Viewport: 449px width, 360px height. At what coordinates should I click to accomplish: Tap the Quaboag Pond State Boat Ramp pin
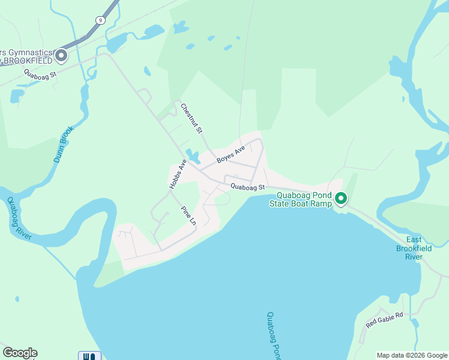tap(341, 198)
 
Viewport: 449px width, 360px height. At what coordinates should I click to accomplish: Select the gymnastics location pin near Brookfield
tap(61, 56)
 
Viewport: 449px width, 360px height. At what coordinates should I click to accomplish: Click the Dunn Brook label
tap(62, 145)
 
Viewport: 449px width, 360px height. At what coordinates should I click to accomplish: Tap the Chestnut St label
tap(192, 117)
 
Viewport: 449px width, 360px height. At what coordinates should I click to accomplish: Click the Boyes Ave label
tap(231, 154)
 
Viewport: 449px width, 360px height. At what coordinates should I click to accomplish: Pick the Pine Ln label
tap(188, 216)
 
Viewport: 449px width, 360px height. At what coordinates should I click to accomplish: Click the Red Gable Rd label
tap(384, 319)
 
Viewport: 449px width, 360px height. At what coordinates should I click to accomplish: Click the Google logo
tap(20, 353)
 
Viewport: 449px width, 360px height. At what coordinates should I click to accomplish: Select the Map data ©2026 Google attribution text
tap(412, 355)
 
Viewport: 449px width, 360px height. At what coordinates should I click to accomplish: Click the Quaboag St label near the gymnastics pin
tap(40, 74)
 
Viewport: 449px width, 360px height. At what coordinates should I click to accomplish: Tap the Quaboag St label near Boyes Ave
tap(247, 187)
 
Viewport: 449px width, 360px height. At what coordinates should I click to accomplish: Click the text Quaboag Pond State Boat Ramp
tap(304, 199)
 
